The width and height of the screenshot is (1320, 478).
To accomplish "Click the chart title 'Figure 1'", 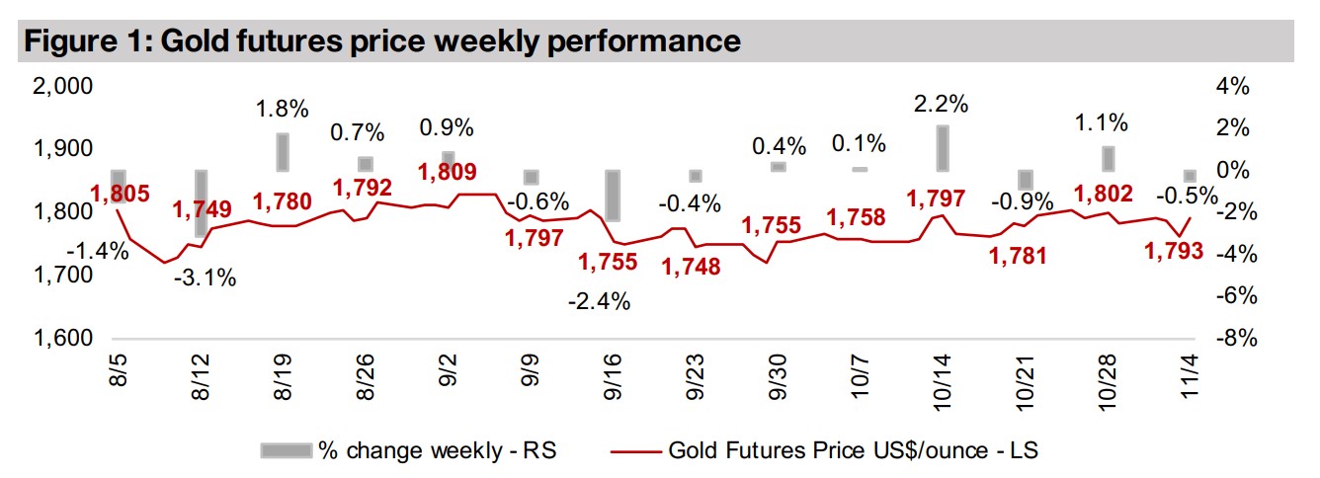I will point(380,40).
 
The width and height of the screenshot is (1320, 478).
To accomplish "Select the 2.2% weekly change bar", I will point(942,147).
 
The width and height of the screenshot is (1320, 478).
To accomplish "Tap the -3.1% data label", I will point(204,278).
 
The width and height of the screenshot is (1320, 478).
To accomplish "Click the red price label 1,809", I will point(448,171).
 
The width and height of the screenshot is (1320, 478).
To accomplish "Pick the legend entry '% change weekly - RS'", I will point(408,450).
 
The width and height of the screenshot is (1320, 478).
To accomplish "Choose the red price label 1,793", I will point(1174,251).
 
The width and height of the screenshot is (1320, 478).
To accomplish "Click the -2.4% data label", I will point(599,301).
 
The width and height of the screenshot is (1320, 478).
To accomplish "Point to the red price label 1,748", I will point(692,266).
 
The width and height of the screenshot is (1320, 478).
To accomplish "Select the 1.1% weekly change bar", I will point(1109,158).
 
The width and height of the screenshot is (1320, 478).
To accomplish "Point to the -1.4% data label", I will point(98,250).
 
